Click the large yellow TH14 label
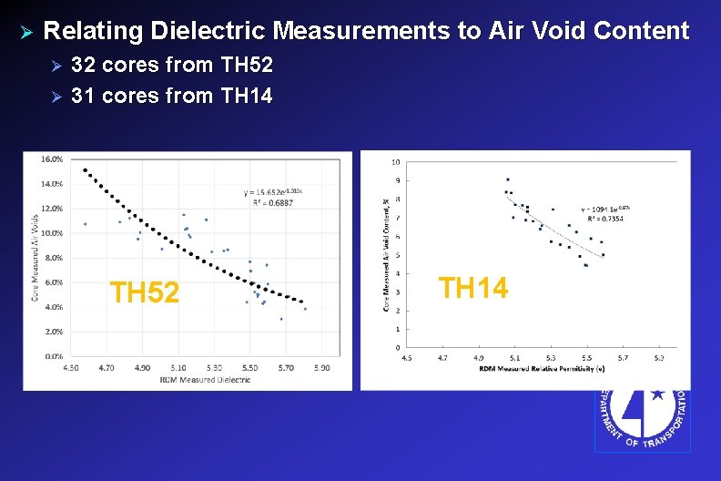click(472, 288)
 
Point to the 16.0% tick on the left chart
click(51, 159)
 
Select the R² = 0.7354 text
click(603, 220)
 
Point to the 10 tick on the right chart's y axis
click(394, 163)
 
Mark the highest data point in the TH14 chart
click(507, 179)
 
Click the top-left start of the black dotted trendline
click(85, 169)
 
